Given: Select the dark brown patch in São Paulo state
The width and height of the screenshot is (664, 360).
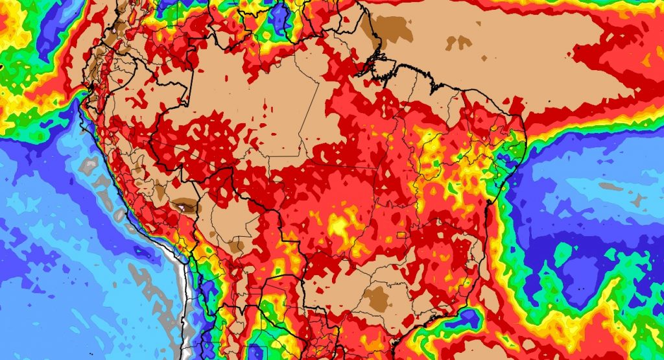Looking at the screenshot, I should (x=376, y=299).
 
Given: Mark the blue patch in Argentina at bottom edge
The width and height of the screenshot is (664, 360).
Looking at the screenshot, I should (x=256, y=352).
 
